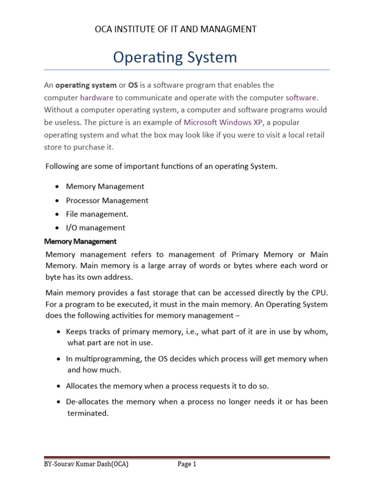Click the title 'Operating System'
coord(175,58)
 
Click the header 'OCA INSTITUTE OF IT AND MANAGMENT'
coord(175,30)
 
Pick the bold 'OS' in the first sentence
coord(133,85)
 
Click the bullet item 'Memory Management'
coord(105,186)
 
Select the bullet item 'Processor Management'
coord(107,200)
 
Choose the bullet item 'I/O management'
coord(96,228)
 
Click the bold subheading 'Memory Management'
coord(80,241)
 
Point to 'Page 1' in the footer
coord(187,464)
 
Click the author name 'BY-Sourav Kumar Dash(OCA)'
coord(86,464)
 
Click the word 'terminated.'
coord(87,413)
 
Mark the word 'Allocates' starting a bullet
coord(83,386)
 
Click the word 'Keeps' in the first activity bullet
coord(76,331)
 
